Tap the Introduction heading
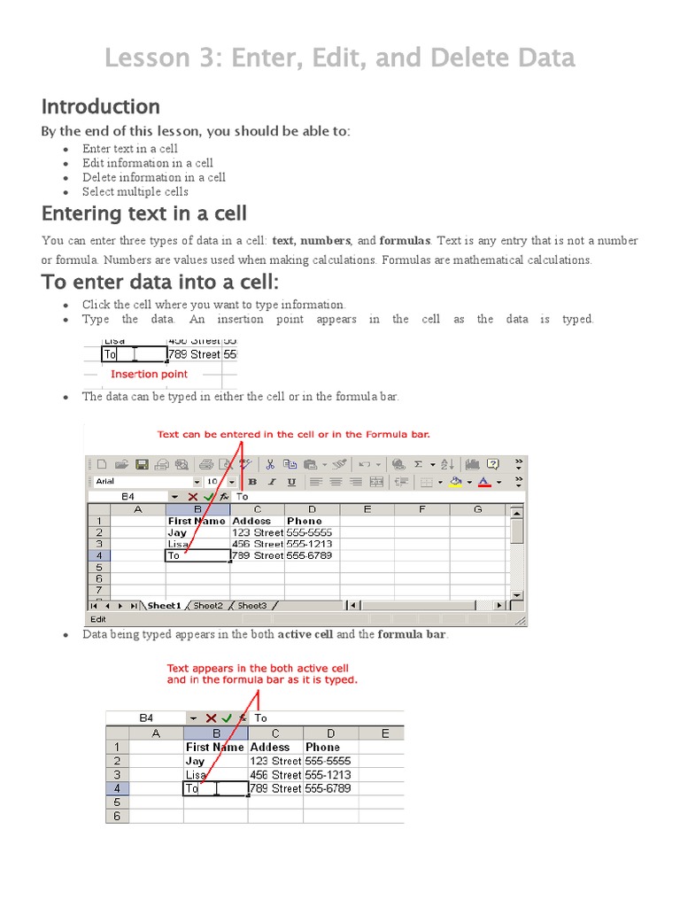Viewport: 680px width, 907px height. coord(101,107)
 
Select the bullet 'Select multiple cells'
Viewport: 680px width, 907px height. coord(135,191)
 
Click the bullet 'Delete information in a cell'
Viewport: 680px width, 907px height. coord(154,177)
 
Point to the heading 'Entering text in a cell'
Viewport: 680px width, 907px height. coord(144,213)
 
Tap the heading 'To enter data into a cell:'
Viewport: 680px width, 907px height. coord(160,283)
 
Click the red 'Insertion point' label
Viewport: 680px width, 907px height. coord(149,375)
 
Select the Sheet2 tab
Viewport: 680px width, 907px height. coord(208,606)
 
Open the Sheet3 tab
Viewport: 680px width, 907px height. coord(251,606)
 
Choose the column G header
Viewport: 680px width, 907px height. coord(477,509)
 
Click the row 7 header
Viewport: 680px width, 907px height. coord(99,590)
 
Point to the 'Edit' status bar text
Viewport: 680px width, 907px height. coord(97,619)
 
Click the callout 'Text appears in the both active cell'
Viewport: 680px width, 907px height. coord(259,669)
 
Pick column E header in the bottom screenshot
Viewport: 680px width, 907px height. coord(385,733)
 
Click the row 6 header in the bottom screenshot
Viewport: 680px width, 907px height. coord(117,816)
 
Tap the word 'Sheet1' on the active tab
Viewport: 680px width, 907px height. coord(164,606)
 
